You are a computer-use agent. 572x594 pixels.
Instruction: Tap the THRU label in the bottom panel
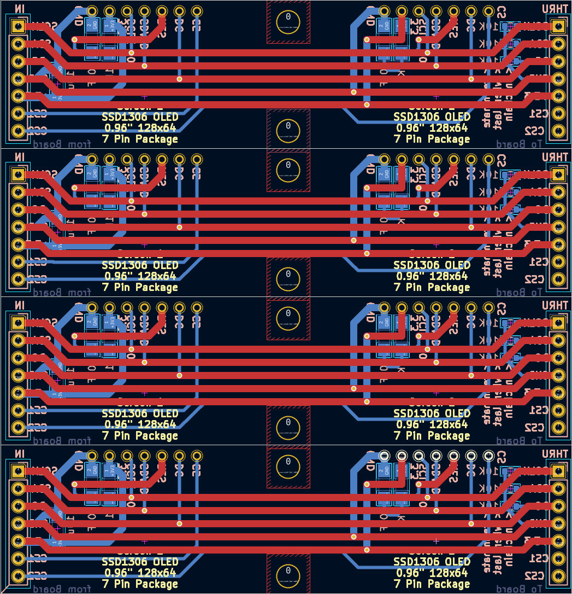click(554, 454)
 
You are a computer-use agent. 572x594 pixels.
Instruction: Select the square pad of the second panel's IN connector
click(18, 174)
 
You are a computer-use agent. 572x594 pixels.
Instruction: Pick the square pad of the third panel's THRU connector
click(558, 323)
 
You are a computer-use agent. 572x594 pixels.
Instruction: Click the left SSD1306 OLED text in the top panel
click(140, 117)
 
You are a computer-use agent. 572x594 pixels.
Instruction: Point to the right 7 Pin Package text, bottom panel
click(432, 584)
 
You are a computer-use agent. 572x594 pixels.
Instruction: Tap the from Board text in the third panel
click(61, 441)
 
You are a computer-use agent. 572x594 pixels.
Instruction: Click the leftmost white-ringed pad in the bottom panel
click(384, 456)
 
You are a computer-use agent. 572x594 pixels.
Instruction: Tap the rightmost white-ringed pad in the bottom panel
click(488, 456)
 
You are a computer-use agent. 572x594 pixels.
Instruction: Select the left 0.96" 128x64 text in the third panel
click(140, 424)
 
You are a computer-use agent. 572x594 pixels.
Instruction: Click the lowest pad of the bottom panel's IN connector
click(18, 576)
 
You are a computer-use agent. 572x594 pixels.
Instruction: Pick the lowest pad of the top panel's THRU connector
click(558, 131)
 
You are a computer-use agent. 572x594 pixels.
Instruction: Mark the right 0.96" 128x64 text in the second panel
click(432, 276)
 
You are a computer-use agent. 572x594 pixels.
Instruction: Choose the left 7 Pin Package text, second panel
click(140, 287)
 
